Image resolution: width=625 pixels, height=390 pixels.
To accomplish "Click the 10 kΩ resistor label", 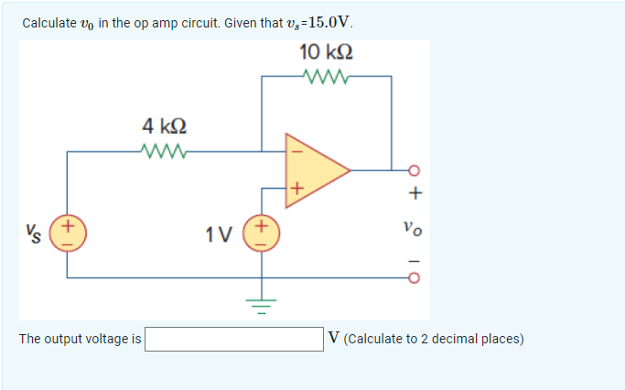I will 326,54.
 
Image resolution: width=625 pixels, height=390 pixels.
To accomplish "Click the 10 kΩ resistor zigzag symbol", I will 327,77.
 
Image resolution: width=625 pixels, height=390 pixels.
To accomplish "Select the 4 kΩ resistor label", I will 166,125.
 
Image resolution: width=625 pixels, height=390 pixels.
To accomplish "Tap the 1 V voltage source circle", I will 262,232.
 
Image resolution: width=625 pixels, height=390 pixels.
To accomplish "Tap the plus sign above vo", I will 415,193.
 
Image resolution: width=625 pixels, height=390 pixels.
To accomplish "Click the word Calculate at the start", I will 48,23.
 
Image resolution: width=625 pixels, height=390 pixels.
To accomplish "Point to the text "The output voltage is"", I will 80,339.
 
